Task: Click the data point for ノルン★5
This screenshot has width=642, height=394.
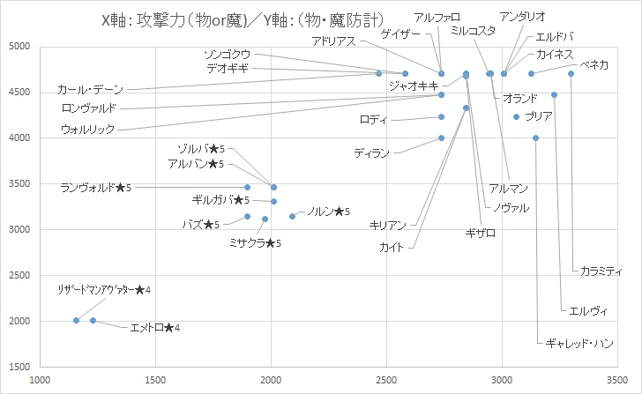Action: tap(293, 216)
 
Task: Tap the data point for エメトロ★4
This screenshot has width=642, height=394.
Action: tap(93, 321)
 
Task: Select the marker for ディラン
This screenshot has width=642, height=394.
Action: tap(442, 138)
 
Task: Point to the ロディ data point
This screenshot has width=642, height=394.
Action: tap(442, 116)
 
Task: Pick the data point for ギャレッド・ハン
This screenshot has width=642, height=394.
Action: tap(535, 138)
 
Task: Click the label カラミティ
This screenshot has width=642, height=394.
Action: tap(601, 271)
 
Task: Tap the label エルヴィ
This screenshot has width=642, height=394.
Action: tap(587, 310)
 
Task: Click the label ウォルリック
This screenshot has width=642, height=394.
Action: tap(88, 130)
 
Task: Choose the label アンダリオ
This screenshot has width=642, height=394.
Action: tap(522, 17)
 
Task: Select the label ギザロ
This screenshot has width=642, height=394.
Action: tap(480, 233)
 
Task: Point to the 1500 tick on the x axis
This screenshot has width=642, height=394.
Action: tap(155, 381)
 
